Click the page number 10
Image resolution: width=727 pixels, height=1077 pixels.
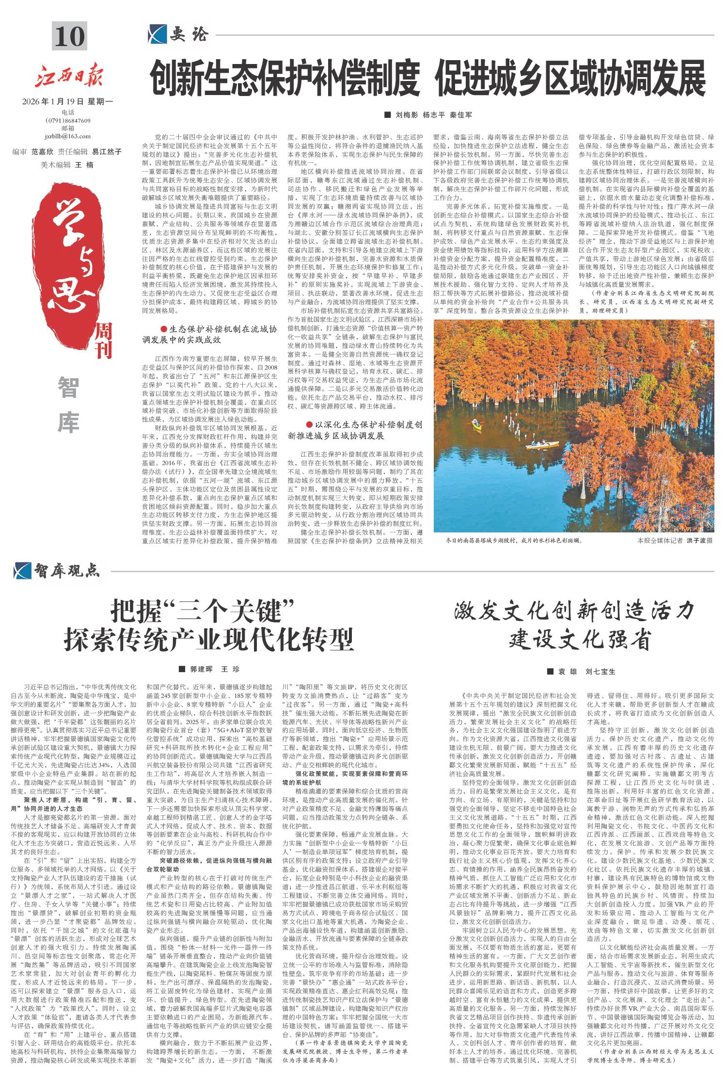70,36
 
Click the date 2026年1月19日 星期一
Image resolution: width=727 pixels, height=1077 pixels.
67,102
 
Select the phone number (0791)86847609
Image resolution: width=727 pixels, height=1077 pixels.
68,120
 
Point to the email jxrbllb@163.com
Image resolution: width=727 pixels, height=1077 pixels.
67,136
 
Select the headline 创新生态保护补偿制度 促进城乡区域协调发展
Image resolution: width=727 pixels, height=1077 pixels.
427,79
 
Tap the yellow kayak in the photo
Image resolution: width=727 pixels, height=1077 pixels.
477,425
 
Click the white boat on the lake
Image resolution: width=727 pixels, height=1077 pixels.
542,444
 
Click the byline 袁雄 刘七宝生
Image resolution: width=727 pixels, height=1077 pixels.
585,672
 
